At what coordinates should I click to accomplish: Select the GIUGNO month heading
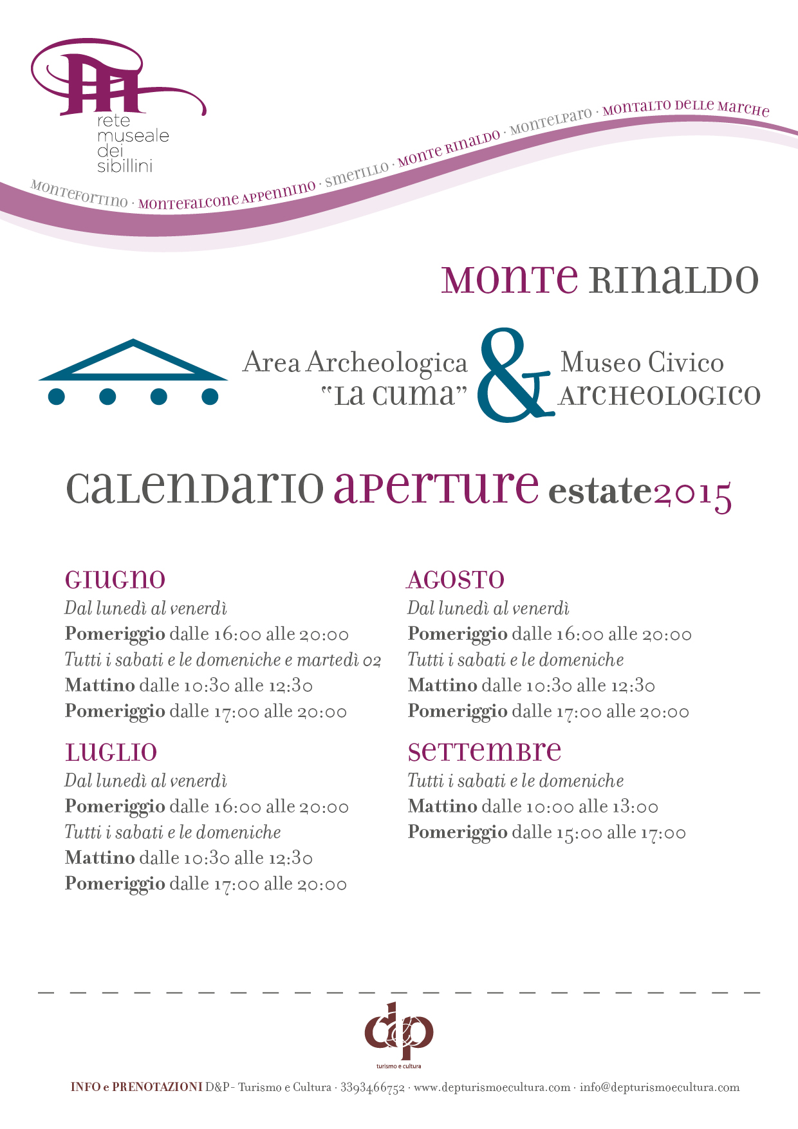click(x=115, y=579)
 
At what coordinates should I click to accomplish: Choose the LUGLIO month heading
click(x=111, y=752)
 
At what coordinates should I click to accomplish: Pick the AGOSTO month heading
click(x=456, y=580)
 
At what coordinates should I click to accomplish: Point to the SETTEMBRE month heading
click(x=485, y=751)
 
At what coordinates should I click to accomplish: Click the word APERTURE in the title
click(x=436, y=488)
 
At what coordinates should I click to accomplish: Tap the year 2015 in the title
click(x=692, y=494)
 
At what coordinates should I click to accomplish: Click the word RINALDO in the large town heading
click(x=673, y=279)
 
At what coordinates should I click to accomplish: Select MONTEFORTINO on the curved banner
click(x=79, y=193)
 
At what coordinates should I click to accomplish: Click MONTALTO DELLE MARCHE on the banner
click(x=686, y=107)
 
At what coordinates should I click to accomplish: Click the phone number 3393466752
click(x=372, y=1088)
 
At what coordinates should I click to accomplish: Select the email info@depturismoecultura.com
click(x=660, y=1088)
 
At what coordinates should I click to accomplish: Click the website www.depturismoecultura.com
click(x=492, y=1088)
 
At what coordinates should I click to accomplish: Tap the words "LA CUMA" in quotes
click(x=394, y=395)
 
